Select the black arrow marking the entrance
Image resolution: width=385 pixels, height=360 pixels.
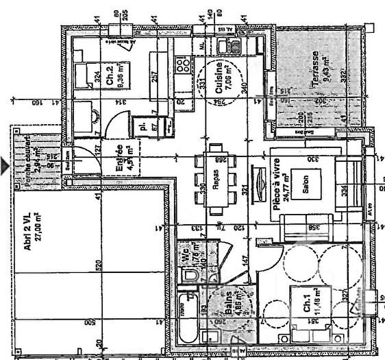click(4, 165)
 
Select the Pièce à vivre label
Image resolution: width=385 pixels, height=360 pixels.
click(278, 183)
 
